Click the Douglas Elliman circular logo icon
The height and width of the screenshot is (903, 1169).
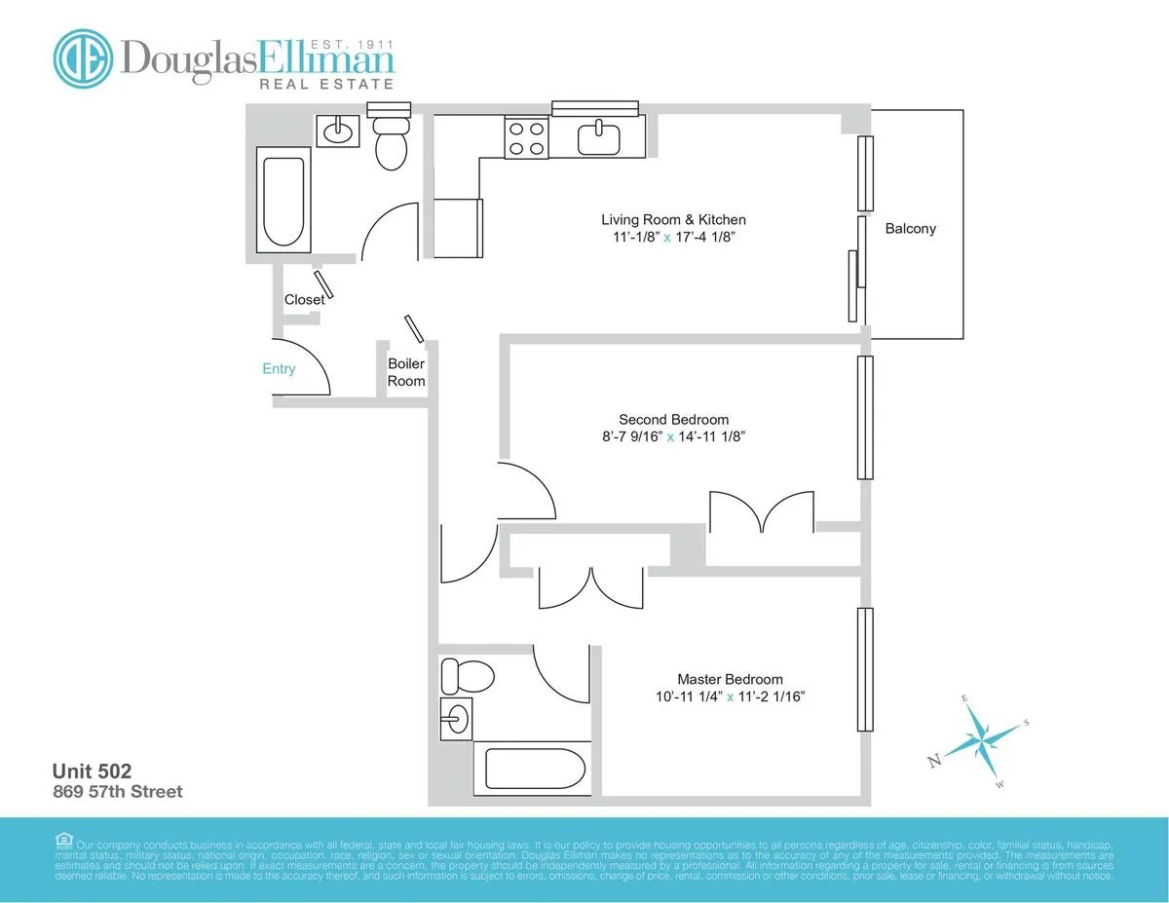(x=84, y=57)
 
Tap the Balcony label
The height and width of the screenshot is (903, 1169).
(x=910, y=229)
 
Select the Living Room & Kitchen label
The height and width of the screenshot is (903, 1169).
(x=673, y=220)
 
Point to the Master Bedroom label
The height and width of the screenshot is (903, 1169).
(x=730, y=679)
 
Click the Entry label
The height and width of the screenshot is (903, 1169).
(x=279, y=369)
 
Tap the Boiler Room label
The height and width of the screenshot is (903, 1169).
(x=406, y=372)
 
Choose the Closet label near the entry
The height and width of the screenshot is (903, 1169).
(x=304, y=300)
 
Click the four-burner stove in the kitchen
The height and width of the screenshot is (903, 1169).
(x=526, y=137)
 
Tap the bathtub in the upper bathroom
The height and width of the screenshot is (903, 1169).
(x=283, y=202)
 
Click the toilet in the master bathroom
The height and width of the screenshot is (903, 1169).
(x=455, y=675)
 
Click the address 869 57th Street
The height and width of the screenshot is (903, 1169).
(x=118, y=792)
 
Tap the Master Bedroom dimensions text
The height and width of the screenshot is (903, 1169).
(x=730, y=697)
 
